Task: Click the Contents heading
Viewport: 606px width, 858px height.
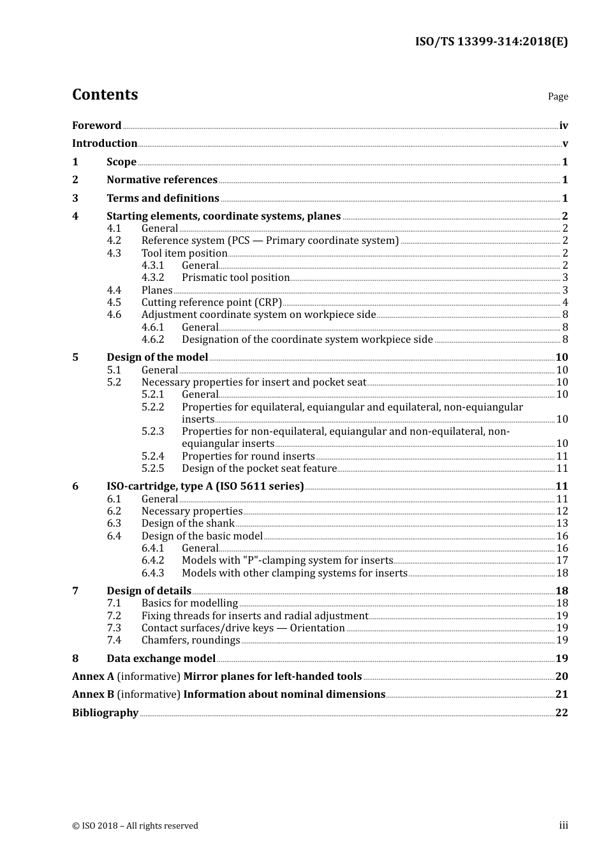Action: (x=105, y=94)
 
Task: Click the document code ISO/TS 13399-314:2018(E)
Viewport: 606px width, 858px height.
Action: (x=491, y=42)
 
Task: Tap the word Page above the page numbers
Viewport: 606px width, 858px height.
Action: (x=558, y=96)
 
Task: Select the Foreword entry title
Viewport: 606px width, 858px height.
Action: (x=96, y=126)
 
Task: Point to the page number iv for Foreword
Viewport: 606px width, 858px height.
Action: (x=563, y=126)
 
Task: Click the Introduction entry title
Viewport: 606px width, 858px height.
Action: (x=105, y=144)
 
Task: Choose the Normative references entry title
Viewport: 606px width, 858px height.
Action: (x=162, y=180)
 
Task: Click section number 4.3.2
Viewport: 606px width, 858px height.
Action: (x=152, y=278)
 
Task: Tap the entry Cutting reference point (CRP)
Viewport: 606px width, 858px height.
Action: (x=212, y=303)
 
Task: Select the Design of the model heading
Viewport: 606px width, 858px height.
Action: (x=157, y=357)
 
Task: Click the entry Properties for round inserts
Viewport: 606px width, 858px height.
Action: (x=248, y=456)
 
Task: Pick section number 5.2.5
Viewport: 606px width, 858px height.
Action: (x=152, y=469)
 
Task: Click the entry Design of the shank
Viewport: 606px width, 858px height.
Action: (x=188, y=523)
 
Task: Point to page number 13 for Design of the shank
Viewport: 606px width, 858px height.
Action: (x=562, y=523)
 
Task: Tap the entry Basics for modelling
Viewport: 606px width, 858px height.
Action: (x=189, y=603)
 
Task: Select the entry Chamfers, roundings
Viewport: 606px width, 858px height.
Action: (x=191, y=640)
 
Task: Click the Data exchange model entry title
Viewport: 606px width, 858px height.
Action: (x=161, y=659)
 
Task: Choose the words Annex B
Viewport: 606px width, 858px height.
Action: (x=93, y=695)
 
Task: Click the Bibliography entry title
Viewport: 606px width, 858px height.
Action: (x=105, y=713)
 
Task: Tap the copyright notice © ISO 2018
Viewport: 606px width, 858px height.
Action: (x=135, y=826)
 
